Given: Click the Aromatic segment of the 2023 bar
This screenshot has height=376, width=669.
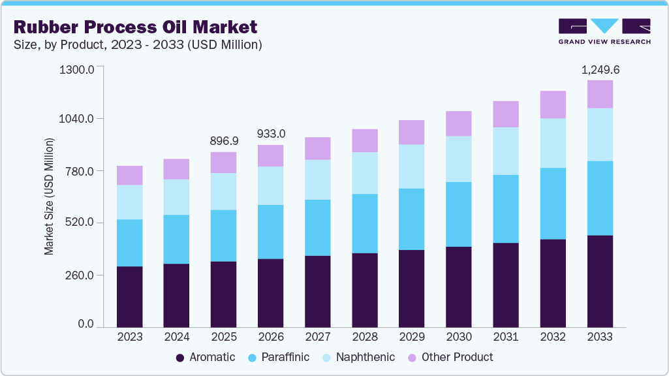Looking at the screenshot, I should tap(129, 296).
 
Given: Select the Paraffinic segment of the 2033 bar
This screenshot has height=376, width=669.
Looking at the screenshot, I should tap(600, 198).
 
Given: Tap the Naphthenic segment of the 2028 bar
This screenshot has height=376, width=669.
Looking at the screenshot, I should tap(365, 173).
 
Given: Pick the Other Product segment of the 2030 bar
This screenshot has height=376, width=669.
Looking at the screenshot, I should tap(459, 123).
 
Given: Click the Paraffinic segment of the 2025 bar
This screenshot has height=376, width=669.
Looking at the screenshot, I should tap(223, 236).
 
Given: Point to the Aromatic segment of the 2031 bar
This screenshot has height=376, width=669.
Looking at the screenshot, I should tap(506, 285).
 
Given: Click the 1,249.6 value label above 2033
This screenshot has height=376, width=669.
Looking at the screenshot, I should tap(600, 69).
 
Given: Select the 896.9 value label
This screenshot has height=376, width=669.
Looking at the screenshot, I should tap(224, 141).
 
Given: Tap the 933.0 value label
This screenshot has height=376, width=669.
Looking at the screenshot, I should tap(271, 134).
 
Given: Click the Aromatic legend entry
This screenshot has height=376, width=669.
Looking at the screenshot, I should tap(206, 357).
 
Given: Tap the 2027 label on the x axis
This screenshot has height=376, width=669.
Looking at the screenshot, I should tap(318, 337).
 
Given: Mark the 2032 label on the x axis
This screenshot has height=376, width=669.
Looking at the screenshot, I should tap(553, 337).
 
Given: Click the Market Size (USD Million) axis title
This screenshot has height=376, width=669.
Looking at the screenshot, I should tap(49, 196).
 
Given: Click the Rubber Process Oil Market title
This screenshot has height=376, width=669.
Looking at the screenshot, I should tap(135, 27).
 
